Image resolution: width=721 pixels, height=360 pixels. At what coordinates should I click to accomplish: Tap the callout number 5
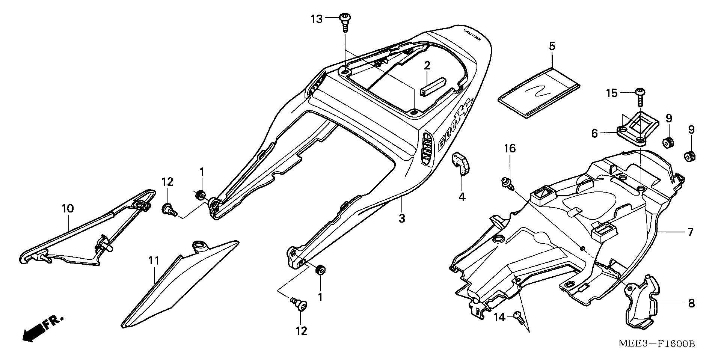(x=552, y=47)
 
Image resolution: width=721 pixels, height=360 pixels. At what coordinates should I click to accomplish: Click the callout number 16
(x=510, y=149)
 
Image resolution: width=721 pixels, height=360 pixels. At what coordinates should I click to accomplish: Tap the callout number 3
(x=402, y=218)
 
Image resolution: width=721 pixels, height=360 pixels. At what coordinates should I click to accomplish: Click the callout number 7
(x=690, y=232)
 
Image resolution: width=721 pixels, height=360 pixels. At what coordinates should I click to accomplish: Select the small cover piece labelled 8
(x=643, y=302)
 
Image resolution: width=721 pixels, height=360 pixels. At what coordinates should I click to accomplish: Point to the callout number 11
(x=154, y=260)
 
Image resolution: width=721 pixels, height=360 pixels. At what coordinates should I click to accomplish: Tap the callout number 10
(x=68, y=209)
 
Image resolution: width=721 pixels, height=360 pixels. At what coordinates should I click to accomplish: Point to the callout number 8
(x=691, y=303)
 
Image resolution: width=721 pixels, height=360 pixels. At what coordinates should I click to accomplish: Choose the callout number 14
(x=499, y=318)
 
